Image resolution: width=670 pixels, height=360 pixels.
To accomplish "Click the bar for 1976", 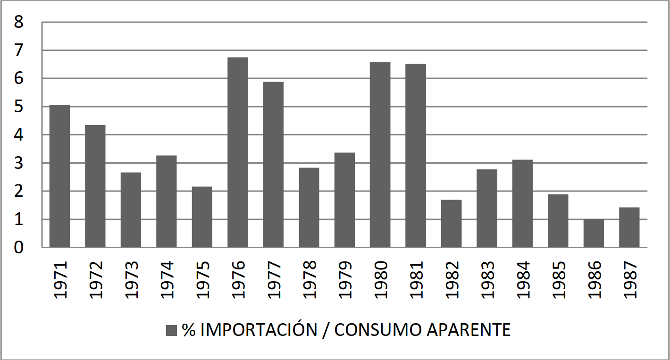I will tap(237, 152).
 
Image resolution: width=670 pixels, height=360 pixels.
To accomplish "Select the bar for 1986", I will tap(594, 233).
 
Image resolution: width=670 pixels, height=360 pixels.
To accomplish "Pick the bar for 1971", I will tap(59, 176).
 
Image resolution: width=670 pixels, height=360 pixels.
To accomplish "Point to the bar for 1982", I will tap(451, 224).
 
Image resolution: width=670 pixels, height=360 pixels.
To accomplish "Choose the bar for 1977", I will tap(273, 165).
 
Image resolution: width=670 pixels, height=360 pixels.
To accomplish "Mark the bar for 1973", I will tap(131, 210).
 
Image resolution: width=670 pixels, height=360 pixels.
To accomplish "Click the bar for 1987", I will tap(629, 227).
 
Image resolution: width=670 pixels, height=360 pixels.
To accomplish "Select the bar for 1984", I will tap(522, 203).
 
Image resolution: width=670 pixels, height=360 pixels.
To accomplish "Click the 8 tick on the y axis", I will tap(19, 22).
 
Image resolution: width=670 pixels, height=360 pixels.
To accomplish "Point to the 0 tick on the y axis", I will tap(19, 247).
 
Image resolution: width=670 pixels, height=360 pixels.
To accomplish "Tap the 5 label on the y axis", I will tap(19, 107).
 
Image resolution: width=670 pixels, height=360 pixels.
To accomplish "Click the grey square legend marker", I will tap(171, 330).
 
